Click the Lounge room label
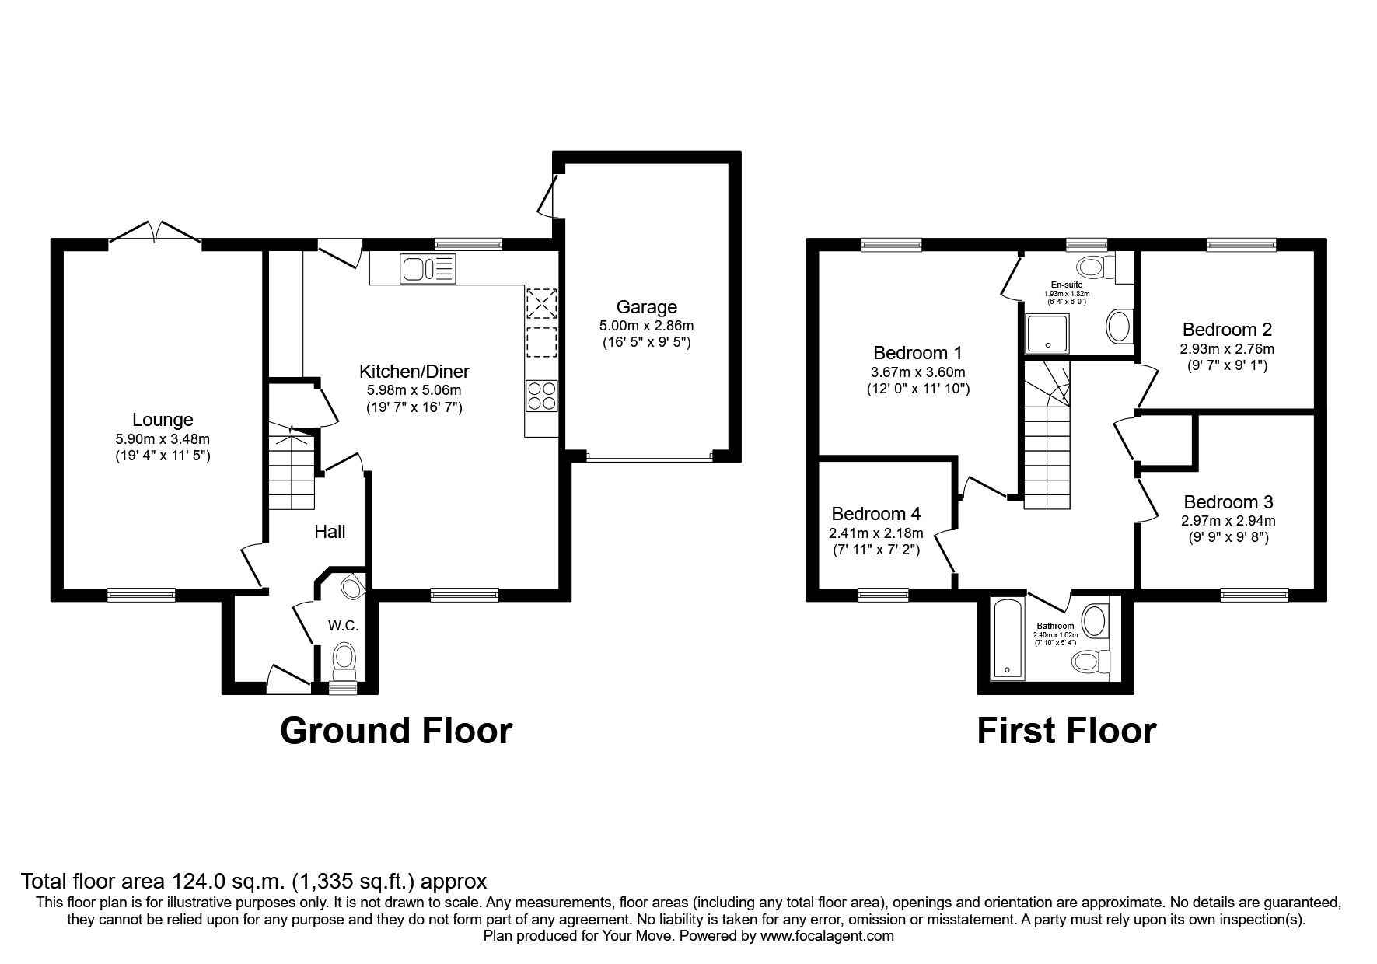tap(162, 420)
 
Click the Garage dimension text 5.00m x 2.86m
tap(646, 326)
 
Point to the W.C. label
tap(342, 625)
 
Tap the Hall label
tap(330, 532)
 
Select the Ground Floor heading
tap(396, 731)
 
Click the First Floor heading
tap(1066, 731)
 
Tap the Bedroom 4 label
tap(875, 514)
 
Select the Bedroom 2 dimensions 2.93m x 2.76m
tap(1227, 349)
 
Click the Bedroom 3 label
tap(1228, 502)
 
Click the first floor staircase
tap(1047, 451)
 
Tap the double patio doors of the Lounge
tap(156, 233)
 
